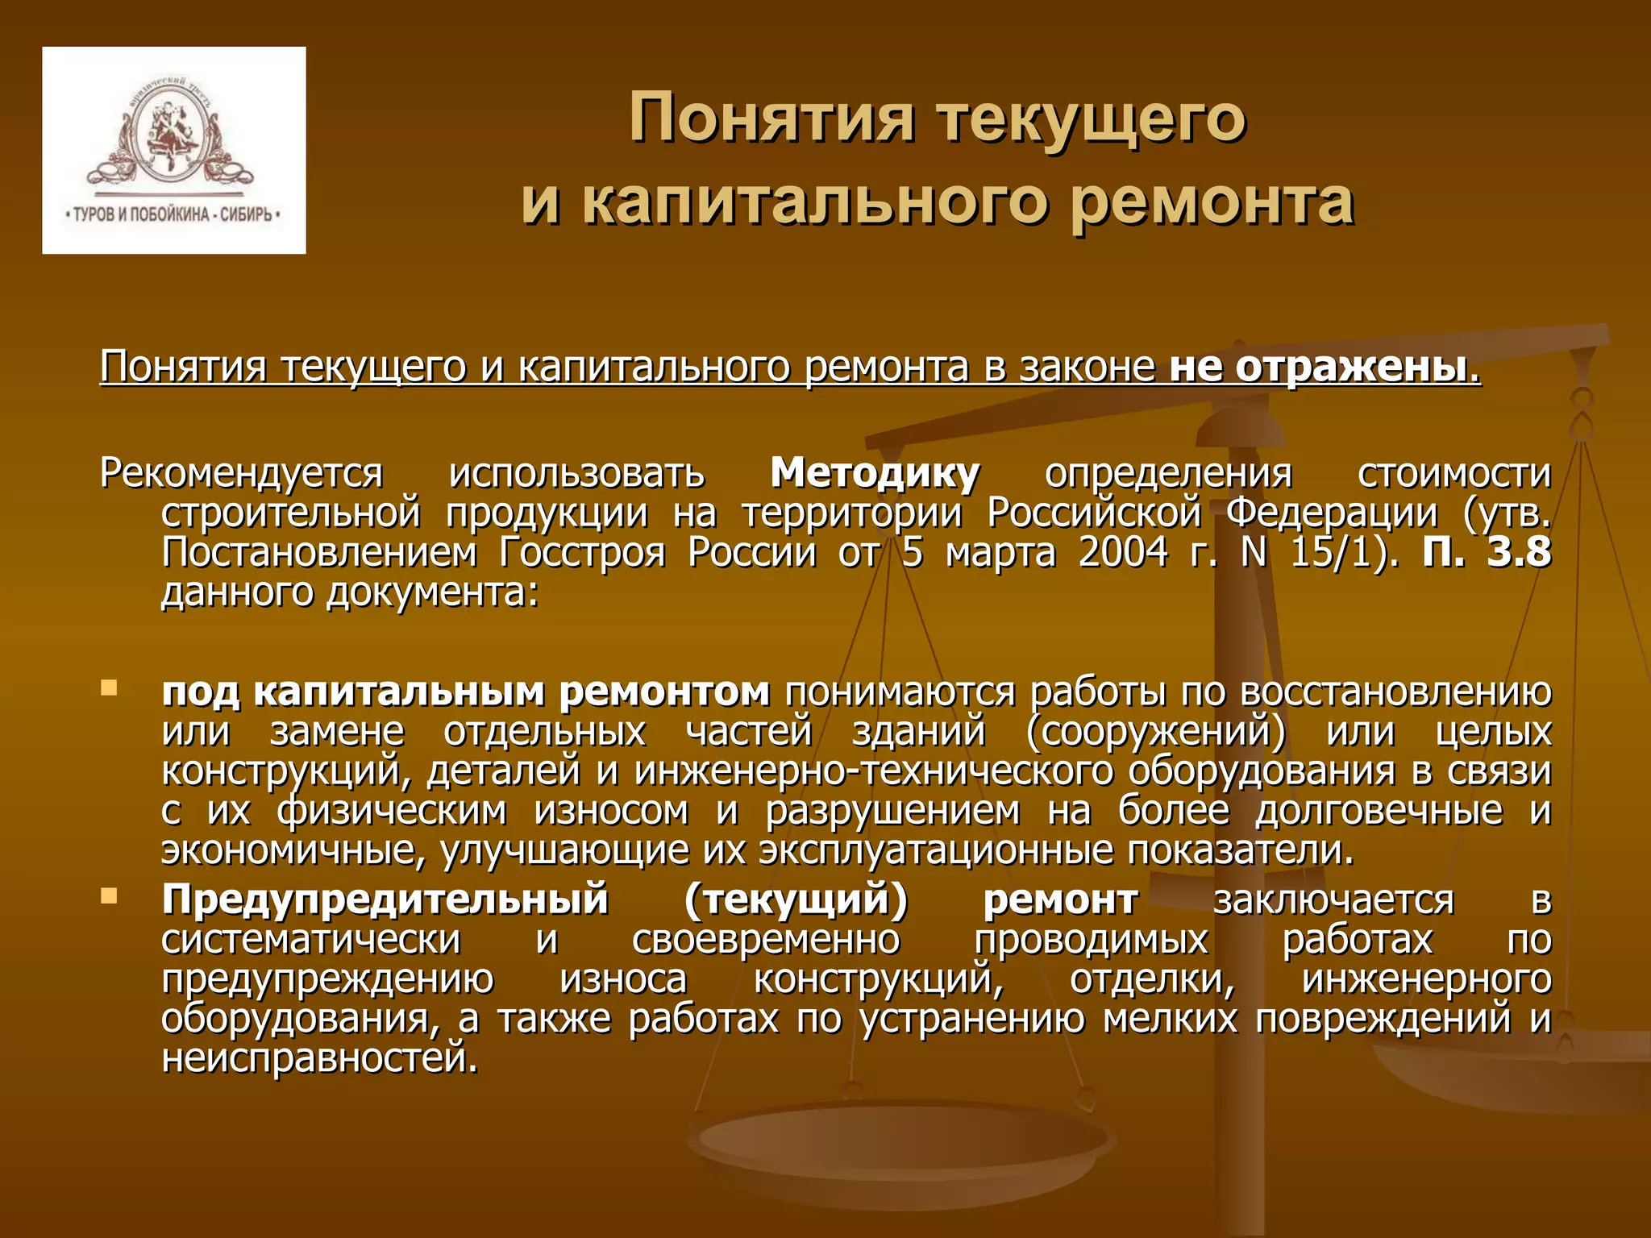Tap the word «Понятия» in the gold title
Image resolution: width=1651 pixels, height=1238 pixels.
point(771,118)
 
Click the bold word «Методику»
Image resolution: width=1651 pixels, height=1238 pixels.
point(875,473)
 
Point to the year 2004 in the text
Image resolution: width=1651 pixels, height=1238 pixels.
point(1123,553)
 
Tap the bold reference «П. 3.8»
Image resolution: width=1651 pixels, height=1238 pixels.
point(1487,553)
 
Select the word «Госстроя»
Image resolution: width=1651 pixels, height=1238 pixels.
point(582,553)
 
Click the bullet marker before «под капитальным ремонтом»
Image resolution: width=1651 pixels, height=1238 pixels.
point(109,688)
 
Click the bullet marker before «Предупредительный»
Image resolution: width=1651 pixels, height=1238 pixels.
point(109,895)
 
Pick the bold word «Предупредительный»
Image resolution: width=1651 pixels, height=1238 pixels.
point(385,899)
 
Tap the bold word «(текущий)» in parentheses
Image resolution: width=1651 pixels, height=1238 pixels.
point(796,899)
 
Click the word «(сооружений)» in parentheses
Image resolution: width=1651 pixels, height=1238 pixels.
point(1156,732)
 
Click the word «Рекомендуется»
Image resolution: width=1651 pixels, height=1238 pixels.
point(241,473)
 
